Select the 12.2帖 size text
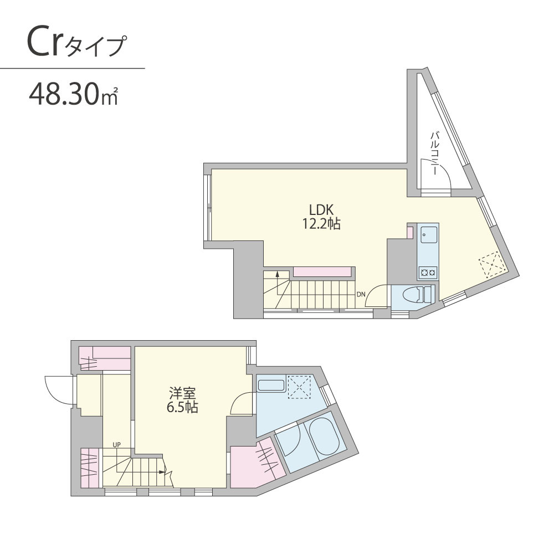click(x=321, y=225)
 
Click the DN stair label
click(x=361, y=294)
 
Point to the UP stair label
click(x=116, y=444)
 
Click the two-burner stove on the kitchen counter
click(x=428, y=271)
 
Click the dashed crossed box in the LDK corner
click(x=491, y=264)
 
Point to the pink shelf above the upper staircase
click(x=321, y=271)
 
